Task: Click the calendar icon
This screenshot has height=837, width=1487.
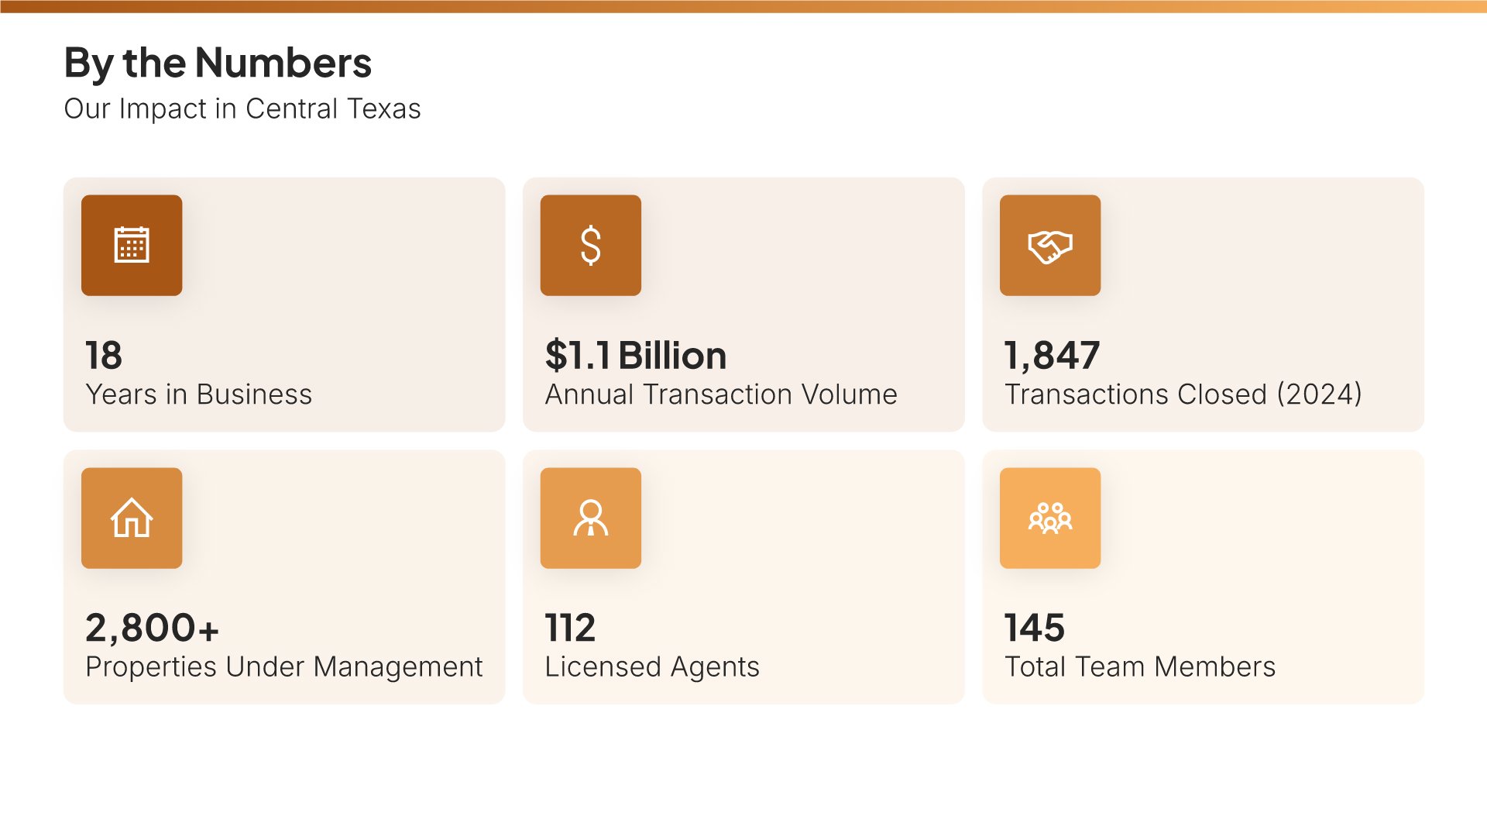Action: pos(132,245)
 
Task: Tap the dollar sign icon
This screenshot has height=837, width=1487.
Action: pos(590,245)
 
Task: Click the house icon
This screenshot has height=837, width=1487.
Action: pos(132,518)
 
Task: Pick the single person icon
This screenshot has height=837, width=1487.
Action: pos(590,518)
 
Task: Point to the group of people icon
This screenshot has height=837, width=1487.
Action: pos(1049,518)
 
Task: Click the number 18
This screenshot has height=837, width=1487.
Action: pos(104,356)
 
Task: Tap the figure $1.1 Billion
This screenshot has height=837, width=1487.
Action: pos(635,356)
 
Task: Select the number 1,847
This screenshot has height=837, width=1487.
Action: pos(1051,356)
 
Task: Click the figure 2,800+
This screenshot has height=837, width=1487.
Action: pos(152,628)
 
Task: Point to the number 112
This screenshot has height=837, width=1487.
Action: pos(570,628)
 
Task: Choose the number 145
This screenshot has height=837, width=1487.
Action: pos(1034,628)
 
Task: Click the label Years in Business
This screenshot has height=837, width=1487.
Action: pos(198,394)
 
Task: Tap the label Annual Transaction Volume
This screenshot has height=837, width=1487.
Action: pos(720,394)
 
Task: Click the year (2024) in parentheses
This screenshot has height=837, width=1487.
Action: pos(1319,394)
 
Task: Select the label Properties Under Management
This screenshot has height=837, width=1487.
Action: pos(283,667)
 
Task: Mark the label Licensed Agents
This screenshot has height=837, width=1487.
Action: pos(651,667)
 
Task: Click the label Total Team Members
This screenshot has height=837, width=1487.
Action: pos(1139,667)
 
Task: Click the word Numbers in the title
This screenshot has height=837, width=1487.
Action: pos(283,63)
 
